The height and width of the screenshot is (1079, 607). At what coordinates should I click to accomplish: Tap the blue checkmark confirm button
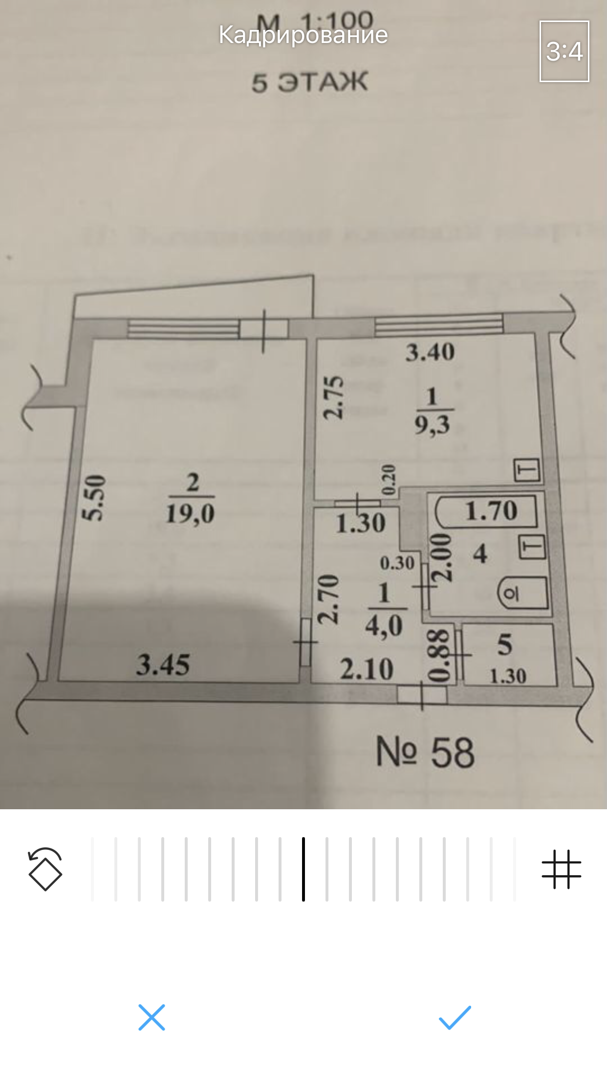(x=455, y=1017)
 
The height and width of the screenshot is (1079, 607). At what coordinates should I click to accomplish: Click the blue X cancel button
(x=152, y=1017)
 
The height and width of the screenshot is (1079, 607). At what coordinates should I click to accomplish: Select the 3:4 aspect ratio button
(x=564, y=51)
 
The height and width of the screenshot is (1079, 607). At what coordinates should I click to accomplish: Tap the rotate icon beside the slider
(x=45, y=869)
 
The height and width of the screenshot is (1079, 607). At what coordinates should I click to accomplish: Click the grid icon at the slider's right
(x=561, y=869)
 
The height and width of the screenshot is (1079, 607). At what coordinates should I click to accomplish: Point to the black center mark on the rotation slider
(x=303, y=869)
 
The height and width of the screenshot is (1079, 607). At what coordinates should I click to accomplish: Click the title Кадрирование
(x=303, y=35)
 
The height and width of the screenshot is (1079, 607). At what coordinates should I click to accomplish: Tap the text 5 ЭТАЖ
(x=309, y=82)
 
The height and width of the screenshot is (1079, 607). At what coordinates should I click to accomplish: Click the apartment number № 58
(x=425, y=753)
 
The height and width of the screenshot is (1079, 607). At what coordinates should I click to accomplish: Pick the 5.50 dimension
(x=93, y=497)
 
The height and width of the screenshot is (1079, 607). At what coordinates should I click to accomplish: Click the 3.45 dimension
(x=163, y=665)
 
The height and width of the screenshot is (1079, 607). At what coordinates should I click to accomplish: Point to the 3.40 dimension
(x=430, y=352)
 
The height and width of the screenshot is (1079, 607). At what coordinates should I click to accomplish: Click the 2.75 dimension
(x=334, y=397)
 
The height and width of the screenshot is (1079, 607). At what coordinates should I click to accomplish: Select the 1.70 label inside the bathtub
(x=491, y=511)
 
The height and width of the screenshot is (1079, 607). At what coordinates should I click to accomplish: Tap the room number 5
(x=505, y=645)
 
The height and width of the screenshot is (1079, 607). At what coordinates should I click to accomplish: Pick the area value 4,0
(x=384, y=626)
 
